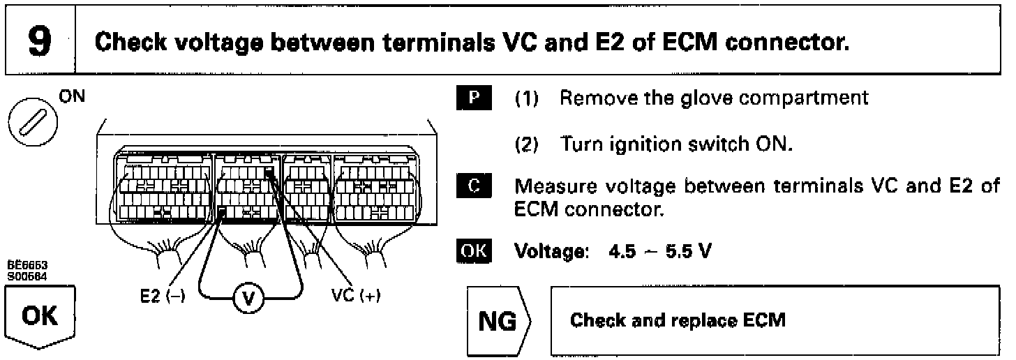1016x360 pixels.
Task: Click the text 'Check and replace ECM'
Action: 678,321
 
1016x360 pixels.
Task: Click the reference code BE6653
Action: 21,266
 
